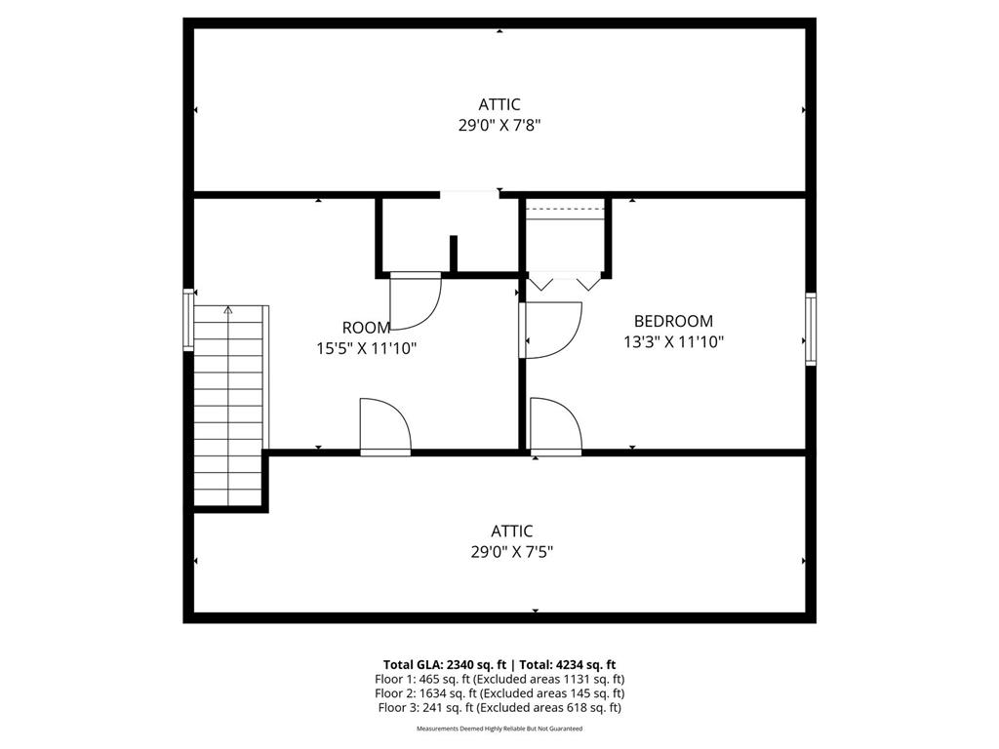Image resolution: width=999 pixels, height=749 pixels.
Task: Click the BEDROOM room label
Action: coord(673,321)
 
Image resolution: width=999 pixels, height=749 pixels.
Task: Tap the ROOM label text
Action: coord(367,328)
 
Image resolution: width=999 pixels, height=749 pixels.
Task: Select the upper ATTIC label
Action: coord(499,104)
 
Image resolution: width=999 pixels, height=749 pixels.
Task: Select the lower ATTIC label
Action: coord(511,532)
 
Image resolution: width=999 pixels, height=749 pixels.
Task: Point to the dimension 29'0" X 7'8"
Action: coord(499,126)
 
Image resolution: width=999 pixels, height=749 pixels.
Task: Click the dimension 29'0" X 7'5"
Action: coord(511,552)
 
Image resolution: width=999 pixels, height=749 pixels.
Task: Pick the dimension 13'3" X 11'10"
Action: coord(673,342)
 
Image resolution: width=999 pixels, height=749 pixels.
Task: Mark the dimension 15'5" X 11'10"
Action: coord(367,349)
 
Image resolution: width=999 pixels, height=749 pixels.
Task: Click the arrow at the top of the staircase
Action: coord(228,310)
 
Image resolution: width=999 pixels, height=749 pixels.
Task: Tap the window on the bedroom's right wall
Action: coord(811,329)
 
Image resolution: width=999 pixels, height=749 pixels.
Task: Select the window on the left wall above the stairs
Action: coord(188,320)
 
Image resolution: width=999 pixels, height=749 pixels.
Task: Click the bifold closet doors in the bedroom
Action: coord(565,283)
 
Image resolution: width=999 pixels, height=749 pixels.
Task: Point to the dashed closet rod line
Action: coord(565,210)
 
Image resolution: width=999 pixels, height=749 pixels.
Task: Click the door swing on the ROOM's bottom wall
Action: coord(385,425)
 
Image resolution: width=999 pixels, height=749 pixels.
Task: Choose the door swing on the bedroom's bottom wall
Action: coord(555,425)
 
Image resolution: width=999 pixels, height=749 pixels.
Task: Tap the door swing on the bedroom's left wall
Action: coord(552,330)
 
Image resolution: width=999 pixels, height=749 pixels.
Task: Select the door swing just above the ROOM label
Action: coord(415,302)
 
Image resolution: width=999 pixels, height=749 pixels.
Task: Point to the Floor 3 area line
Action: coord(499,707)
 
